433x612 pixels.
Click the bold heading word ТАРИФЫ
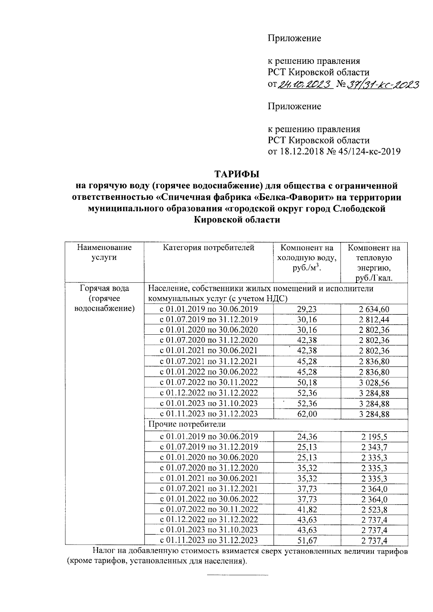(x=237, y=174)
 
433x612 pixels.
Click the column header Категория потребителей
(x=209, y=248)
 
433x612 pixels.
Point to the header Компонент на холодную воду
(x=307, y=258)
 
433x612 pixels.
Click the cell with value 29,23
(x=307, y=309)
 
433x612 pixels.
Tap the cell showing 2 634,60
(x=374, y=309)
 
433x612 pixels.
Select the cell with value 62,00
(x=307, y=414)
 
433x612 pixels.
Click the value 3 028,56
(x=374, y=383)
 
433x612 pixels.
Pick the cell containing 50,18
(x=307, y=383)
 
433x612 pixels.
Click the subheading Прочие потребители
(x=187, y=424)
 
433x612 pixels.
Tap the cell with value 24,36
(x=307, y=437)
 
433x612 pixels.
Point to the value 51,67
(x=307, y=540)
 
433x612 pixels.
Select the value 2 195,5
(x=374, y=437)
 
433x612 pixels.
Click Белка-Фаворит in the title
(x=289, y=198)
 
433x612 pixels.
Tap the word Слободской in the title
(x=359, y=209)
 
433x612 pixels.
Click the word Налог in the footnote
(x=104, y=551)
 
